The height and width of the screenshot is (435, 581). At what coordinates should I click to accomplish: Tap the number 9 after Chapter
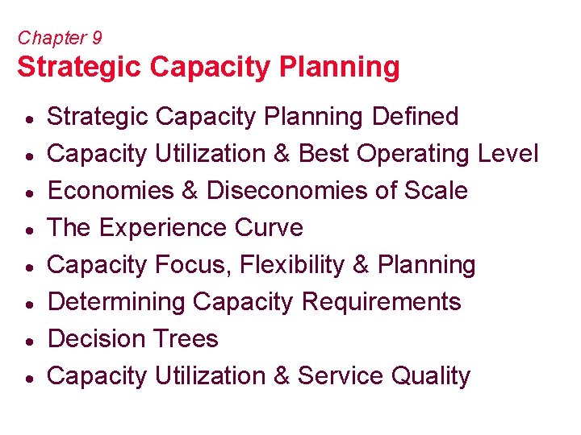pyautogui.click(x=96, y=38)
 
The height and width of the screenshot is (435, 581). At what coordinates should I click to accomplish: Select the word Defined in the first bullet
pyautogui.click(x=415, y=117)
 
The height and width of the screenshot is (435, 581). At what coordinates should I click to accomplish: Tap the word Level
pyautogui.click(x=506, y=154)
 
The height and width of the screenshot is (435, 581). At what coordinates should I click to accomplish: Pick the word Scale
pyautogui.click(x=438, y=191)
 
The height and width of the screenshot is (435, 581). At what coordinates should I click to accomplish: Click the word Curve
pyautogui.click(x=269, y=228)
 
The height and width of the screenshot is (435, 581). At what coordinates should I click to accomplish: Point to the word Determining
pyautogui.click(x=117, y=302)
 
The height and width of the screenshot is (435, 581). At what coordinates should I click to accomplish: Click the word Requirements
pyautogui.click(x=381, y=302)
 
